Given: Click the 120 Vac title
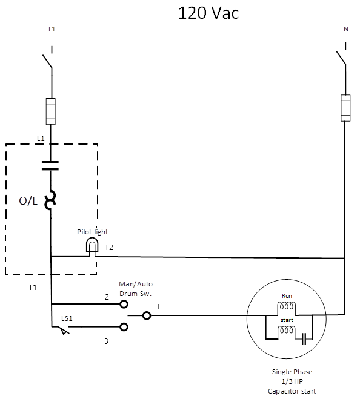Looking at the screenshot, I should pyautogui.click(x=208, y=13).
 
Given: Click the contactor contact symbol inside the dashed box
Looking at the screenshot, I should pyautogui.click(x=51, y=166).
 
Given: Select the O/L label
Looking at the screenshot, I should pyautogui.click(x=28, y=202).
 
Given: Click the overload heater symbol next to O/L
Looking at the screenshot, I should pyautogui.click(x=51, y=200).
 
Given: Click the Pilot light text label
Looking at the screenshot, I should pyautogui.click(x=92, y=232).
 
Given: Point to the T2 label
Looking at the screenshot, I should pyautogui.click(x=109, y=248).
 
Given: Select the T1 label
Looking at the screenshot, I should pyautogui.click(x=32, y=286).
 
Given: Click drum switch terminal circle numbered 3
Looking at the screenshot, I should pyautogui.click(x=124, y=328).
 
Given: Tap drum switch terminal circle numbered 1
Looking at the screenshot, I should pyautogui.click(x=146, y=315).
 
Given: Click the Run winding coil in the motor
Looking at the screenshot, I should pyautogui.click(x=286, y=306).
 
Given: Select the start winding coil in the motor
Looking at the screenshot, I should pyautogui.click(x=286, y=331).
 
